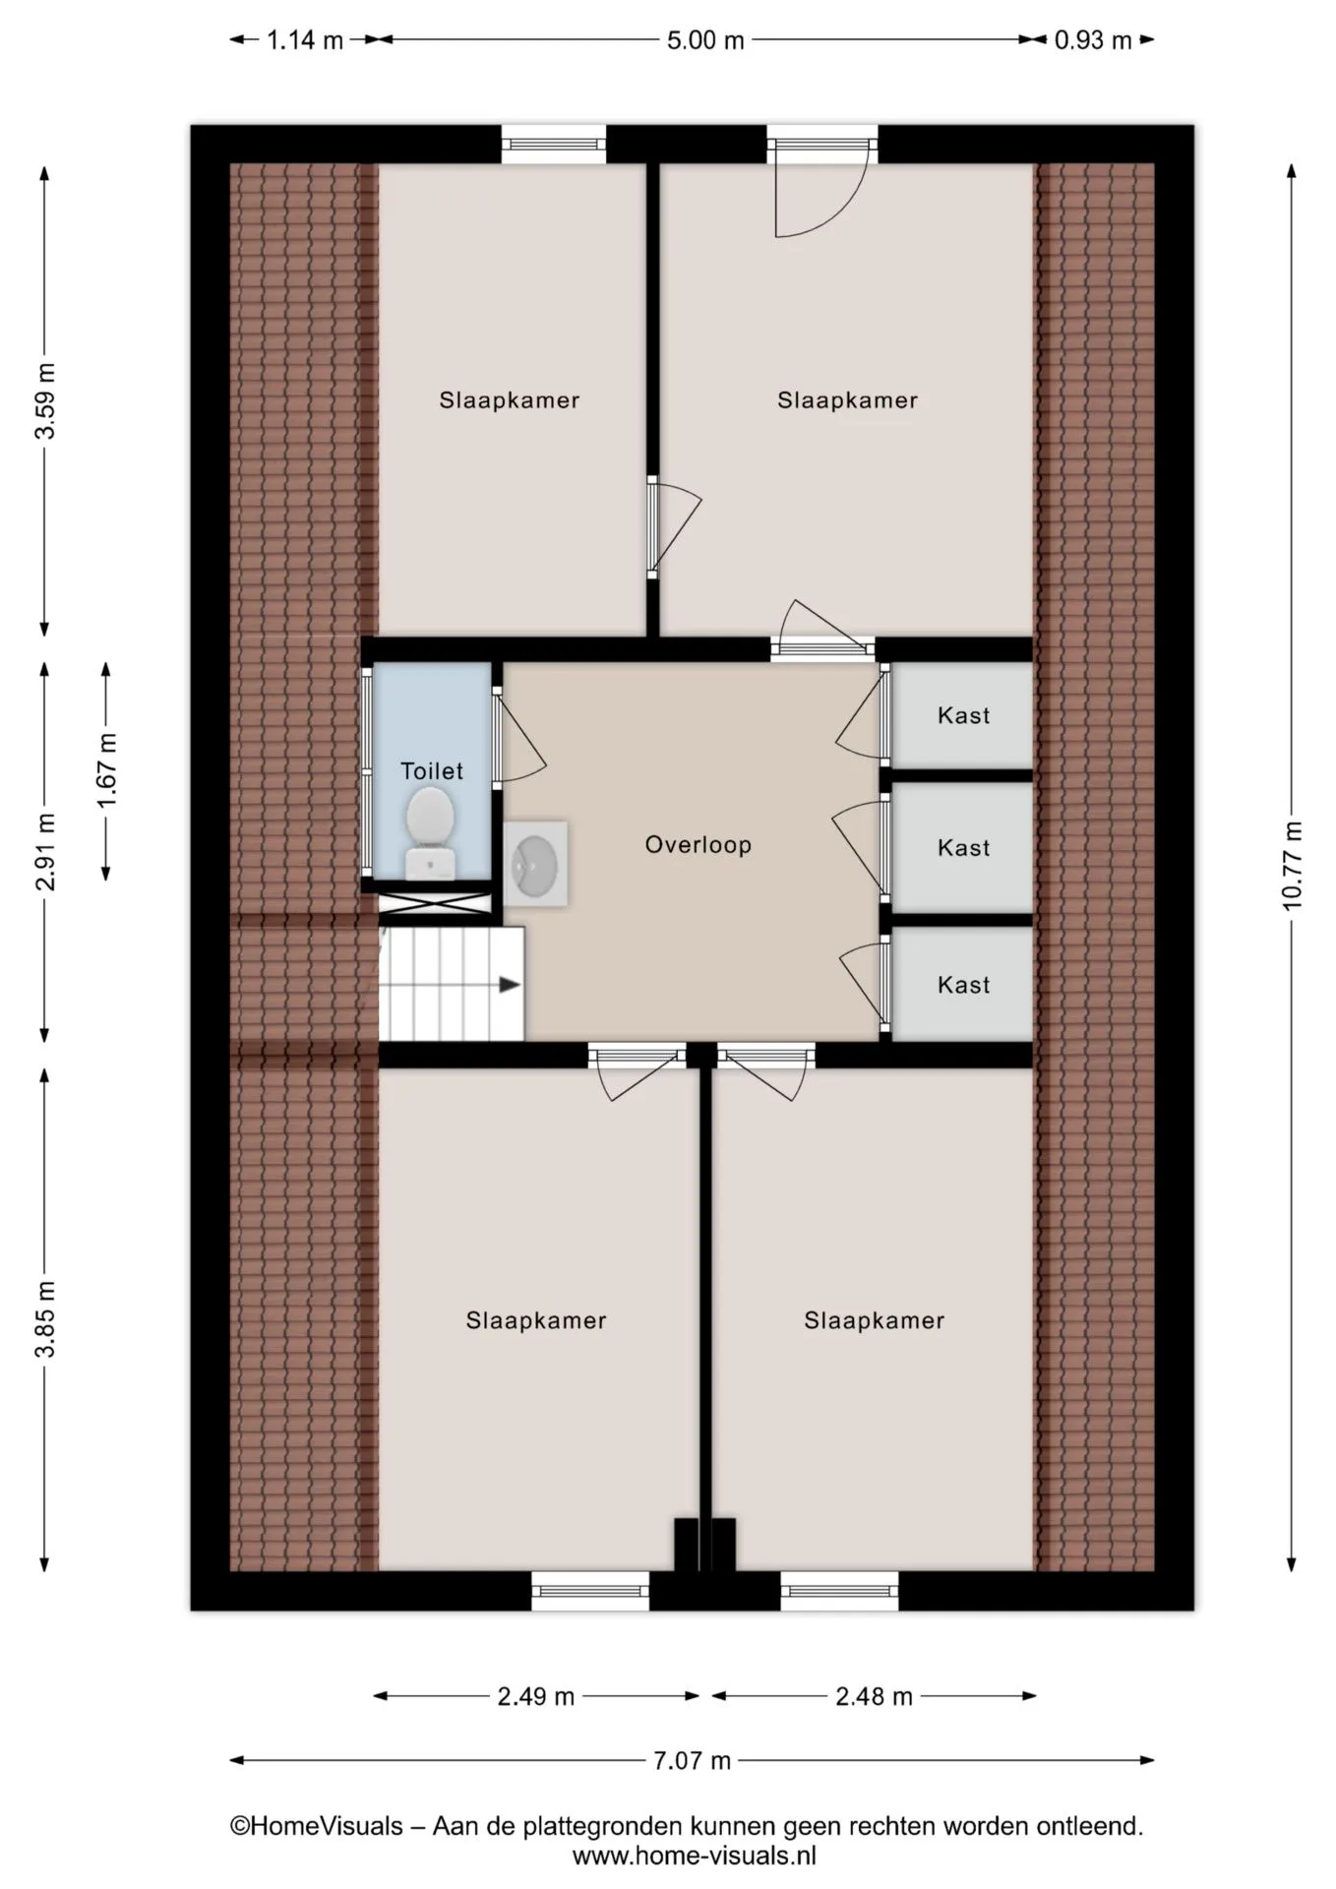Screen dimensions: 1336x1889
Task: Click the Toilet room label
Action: (x=432, y=770)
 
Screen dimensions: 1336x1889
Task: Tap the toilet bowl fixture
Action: (x=430, y=832)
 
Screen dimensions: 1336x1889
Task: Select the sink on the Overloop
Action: (x=535, y=864)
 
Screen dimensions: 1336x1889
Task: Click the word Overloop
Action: (x=698, y=844)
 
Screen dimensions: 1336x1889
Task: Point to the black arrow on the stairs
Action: (x=510, y=984)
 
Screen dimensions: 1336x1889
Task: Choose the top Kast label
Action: (x=964, y=715)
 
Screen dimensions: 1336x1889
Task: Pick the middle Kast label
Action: (x=964, y=847)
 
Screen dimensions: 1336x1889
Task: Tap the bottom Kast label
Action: (x=964, y=985)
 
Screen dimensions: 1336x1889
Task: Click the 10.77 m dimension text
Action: (x=1292, y=866)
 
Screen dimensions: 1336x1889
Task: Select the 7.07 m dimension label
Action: (x=693, y=1760)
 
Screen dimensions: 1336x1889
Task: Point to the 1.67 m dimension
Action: (x=106, y=770)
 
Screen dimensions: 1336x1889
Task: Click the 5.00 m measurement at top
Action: (x=705, y=40)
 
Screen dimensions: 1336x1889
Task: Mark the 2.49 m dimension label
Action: (x=535, y=1696)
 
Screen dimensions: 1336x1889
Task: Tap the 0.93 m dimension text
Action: (x=1093, y=40)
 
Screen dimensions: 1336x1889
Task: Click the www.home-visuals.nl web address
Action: (x=695, y=1856)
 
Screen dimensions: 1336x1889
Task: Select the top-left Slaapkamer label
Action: (x=510, y=400)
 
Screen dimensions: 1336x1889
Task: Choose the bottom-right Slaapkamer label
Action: (x=875, y=1320)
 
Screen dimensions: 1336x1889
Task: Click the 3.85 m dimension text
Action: (x=45, y=1319)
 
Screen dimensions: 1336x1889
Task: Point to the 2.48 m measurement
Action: (x=874, y=1696)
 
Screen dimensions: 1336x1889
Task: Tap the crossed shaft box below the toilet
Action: (x=434, y=904)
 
